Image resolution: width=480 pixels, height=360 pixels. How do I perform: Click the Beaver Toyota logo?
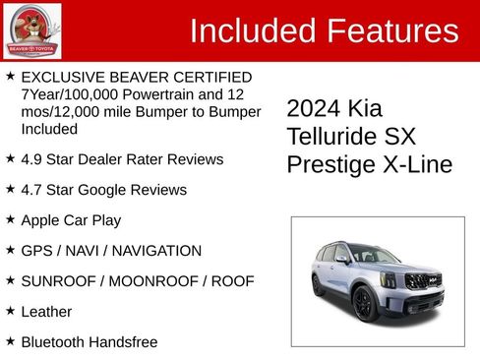32,30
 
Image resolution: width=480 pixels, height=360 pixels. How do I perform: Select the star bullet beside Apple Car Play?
10,219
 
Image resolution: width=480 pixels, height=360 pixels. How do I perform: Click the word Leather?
47,312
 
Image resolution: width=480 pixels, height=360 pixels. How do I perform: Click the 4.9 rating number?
31,159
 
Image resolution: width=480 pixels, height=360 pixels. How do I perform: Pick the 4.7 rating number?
31,190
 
